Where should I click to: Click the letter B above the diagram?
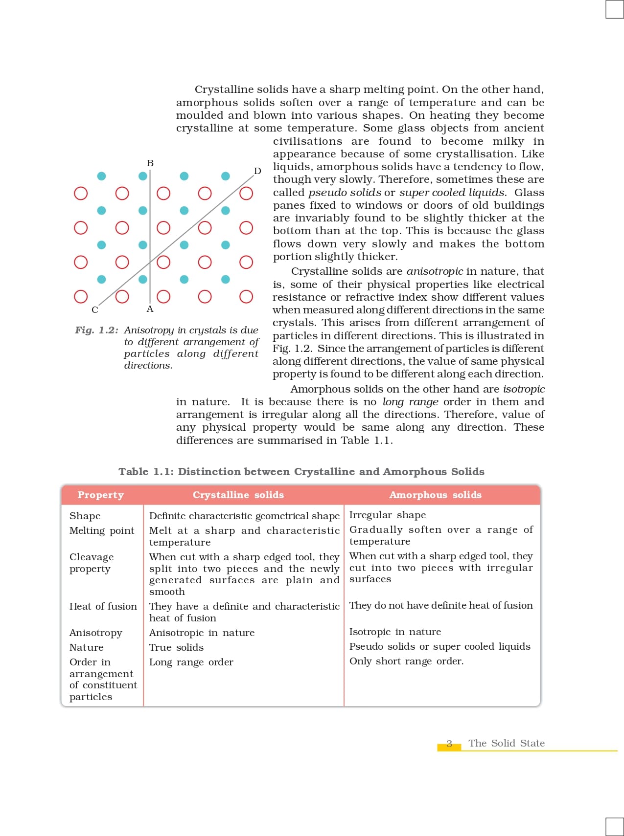(x=150, y=163)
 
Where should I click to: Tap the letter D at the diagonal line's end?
(x=257, y=171)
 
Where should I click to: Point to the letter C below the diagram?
(x=95, y=310)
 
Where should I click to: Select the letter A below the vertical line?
(x=150, y=309)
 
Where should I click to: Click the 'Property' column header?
(x=101, y=495)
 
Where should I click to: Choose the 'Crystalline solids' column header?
(x=238, y=495)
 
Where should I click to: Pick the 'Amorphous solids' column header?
(x=435, y=495)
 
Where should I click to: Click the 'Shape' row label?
(x=85, y=516)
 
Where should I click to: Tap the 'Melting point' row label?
(x=102, y=530)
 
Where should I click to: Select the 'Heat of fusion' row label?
(x=103, y=606)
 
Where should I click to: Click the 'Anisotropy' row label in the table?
(x=96, y=633)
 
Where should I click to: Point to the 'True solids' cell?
(x=176, y=647)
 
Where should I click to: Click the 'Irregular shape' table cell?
(x=388, y=515)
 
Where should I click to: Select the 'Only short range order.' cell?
(x=406, y=661)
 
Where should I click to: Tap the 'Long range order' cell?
(x=191, y=662)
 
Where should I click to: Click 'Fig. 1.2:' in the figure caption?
(x=96, y=330)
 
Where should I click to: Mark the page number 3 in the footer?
(x=449, y=744)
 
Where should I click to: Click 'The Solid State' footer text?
(x=507, y=743)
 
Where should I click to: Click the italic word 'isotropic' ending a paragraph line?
(x=524, y=389)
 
